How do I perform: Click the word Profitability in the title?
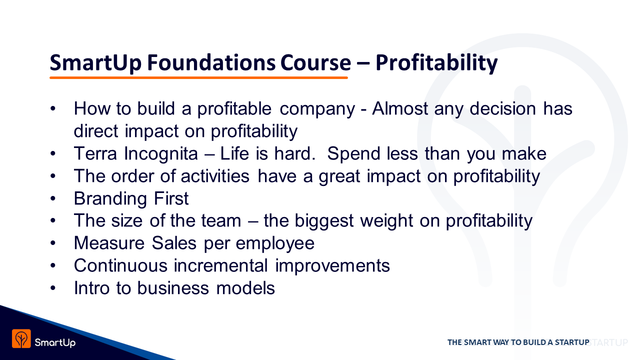[x=436, y=63]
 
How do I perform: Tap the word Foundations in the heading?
[x=211, y=62]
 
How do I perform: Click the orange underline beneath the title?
[x=198, y=77]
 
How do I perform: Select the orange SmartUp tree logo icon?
[x=21, y=338]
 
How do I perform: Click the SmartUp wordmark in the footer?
[x=55, y=342]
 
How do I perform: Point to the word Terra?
[x=95, y=153]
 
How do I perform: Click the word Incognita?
[x=161, y=154]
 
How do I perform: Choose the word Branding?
[x=110, y=199]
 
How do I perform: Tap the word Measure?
[x=109, y=243]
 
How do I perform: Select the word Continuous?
[x=120, y=265]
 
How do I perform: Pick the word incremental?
[x=220, y=265]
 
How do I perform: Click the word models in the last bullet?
[x=245, y=288]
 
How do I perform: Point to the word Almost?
[x=400, y=108]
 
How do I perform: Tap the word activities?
[x=215, y=176]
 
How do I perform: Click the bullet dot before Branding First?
[x=53, y=198]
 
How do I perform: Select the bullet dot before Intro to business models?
[x=53, y=288]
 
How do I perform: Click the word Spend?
[x=353, y=154]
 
